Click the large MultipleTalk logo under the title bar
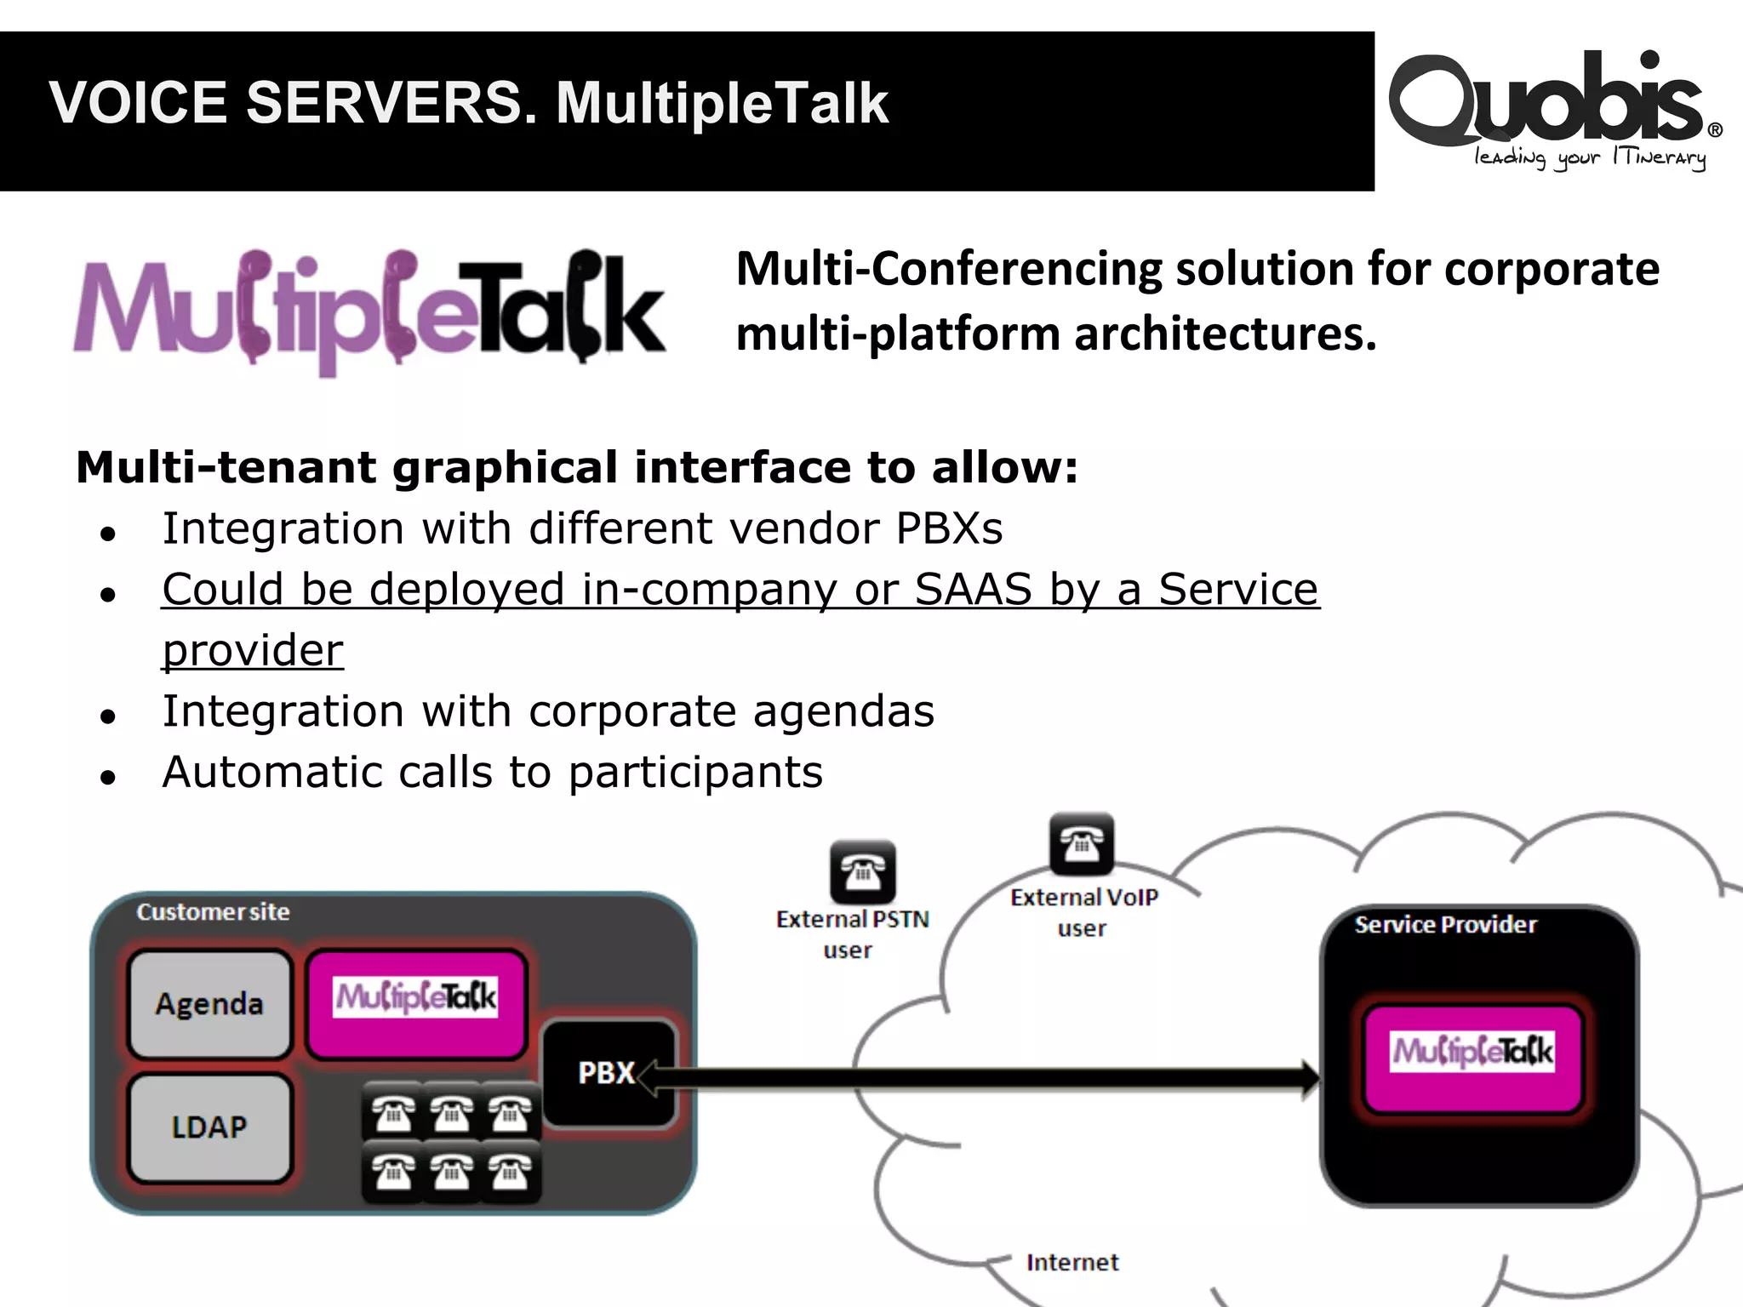369,311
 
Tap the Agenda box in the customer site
209,1004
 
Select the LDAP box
209,1127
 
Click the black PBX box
608,1072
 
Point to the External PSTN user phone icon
862,872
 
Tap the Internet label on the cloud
1072,1262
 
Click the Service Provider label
1445,925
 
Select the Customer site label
213,912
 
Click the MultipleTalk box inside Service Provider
1472,1053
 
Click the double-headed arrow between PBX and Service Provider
979,1078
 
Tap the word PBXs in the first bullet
949,528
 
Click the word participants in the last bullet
695,773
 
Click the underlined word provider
253,650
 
